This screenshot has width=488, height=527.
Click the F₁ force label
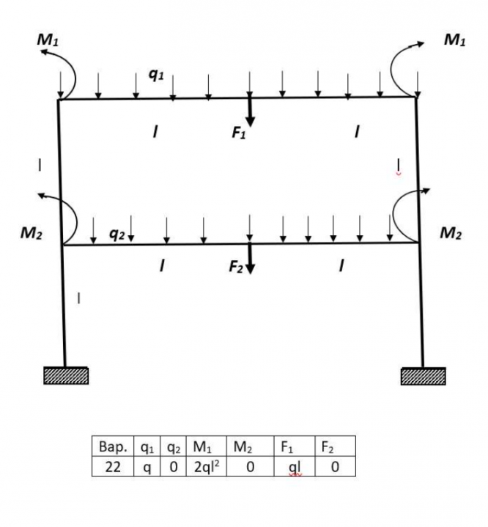point(240,133)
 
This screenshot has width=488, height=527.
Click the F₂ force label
point(236,267)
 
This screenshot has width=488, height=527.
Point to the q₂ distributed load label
point(117,233)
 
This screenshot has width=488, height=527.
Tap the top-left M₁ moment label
point(48,41)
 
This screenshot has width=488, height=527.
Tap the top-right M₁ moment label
point(454,41)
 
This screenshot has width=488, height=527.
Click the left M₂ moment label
point(32,234)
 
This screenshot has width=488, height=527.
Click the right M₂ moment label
point(451,234)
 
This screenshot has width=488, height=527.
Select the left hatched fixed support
point(66,376)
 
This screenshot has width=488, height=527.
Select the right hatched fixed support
point(423,376)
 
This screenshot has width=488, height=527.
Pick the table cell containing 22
point(113,467)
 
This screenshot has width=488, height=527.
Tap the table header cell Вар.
point(113,446)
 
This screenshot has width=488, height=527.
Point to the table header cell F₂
point(335,446)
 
